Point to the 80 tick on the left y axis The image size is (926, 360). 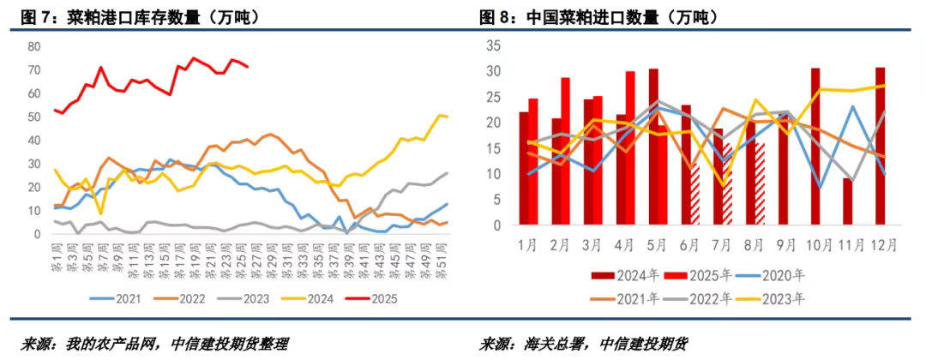pos(33,46)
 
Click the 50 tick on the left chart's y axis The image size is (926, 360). pos(33,117)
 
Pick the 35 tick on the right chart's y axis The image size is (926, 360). pos(494,45)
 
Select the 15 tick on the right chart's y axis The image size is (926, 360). pos(494,148)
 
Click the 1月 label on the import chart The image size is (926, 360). pos(528,245)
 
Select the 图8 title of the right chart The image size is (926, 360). pos(496,17)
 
